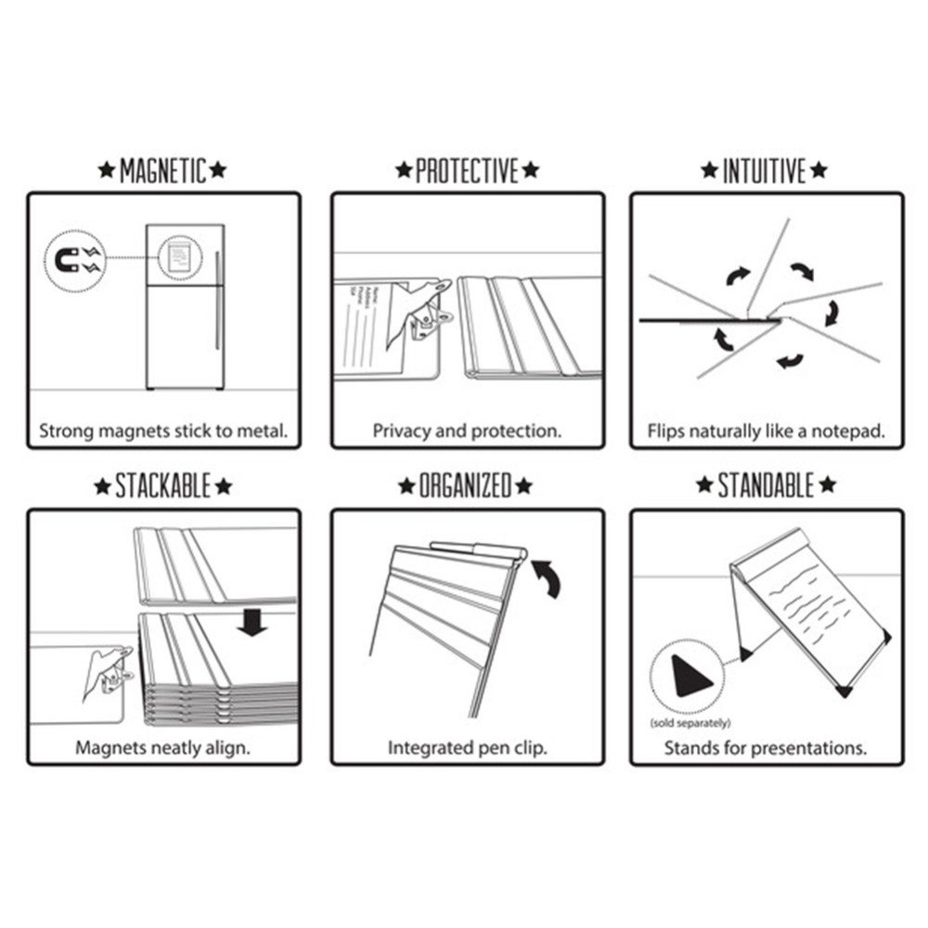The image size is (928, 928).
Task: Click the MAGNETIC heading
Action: (x=162, y=171)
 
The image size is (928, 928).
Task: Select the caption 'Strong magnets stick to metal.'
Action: (x=162, y=431)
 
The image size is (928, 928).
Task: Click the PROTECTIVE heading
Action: (x=467, y=171)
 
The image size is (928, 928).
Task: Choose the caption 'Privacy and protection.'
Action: (x=467, y=431)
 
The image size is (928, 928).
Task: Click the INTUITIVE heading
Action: (x=766, y=171)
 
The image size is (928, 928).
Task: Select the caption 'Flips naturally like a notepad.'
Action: (x=766, y=432)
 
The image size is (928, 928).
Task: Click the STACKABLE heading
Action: (x=162, y=485)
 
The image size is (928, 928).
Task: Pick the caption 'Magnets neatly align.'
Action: (x=162, y=747)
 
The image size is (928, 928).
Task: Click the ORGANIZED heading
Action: (x=467, y=485)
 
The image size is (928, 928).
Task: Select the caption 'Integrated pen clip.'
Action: (x=467, y=747)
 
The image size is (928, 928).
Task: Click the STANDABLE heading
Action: (x=766, y=485)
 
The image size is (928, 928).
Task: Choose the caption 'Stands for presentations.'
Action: (x=766, y=747)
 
